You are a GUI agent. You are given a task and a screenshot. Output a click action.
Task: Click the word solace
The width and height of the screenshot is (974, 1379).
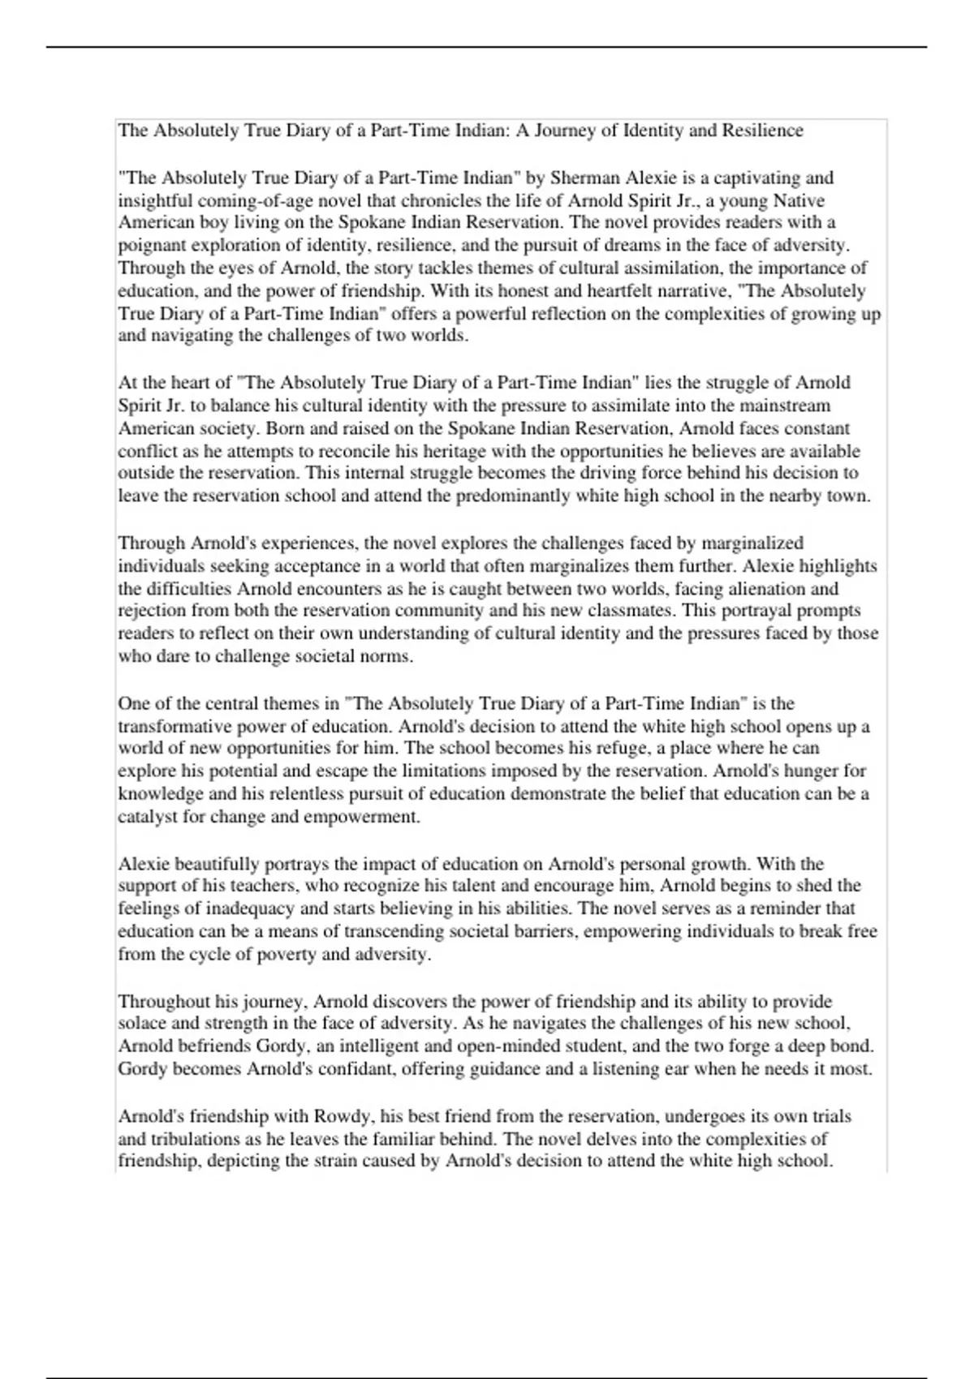click(x=143, y=1023)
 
